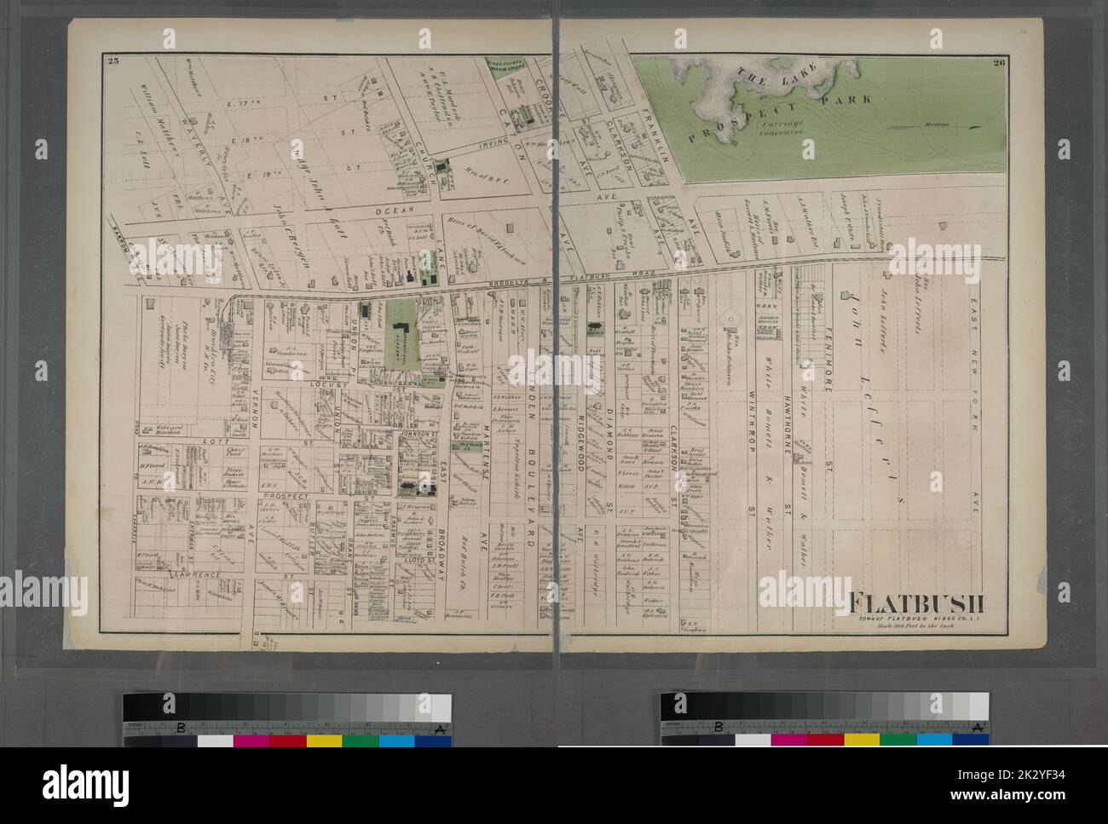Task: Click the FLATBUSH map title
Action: coord(913,602)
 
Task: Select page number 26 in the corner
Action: coord(1000,60)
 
